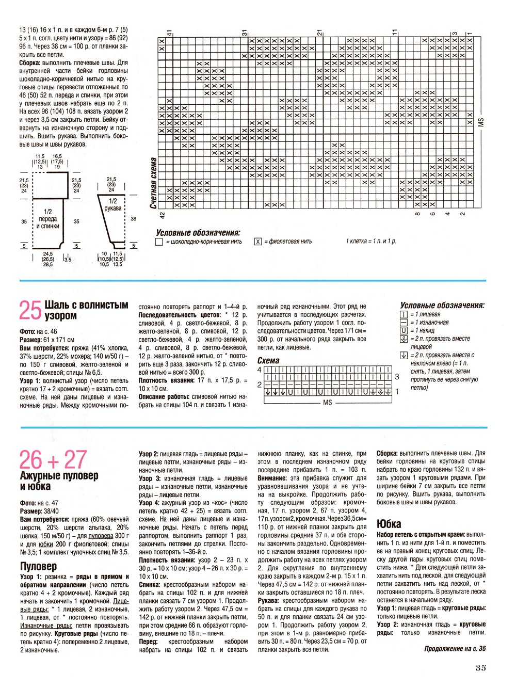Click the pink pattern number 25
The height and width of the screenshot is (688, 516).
point(30,311)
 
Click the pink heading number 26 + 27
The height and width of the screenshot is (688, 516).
point(53,459)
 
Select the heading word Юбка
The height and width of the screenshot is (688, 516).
point(389,524)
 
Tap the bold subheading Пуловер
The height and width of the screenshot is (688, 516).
point(38,566)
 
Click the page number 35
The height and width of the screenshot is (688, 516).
point(480,667)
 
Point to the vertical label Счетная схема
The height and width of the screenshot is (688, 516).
point(153,183)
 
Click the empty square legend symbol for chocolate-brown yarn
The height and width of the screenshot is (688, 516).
point(159,242)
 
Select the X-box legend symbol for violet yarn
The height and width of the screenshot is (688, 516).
point(258,242)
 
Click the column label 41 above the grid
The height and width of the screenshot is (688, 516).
point(169,33)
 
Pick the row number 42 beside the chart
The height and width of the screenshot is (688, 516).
point(162,215)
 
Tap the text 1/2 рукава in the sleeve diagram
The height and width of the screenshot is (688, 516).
point(113,205)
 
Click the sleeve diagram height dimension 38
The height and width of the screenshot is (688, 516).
point(134,219)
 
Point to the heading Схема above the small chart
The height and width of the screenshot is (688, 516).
point(268,361)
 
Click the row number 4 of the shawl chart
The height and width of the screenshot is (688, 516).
point(260,370)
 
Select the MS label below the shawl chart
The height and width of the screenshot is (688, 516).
point(327,402)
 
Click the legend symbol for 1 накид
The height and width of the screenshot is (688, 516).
point(404,330)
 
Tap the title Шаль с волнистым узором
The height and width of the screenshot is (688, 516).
point(86,310)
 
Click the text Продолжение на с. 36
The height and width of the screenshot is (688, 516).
point(455,649)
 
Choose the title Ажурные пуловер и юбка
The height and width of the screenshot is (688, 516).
point(59,481)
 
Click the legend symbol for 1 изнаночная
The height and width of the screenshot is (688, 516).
point(404,322)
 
